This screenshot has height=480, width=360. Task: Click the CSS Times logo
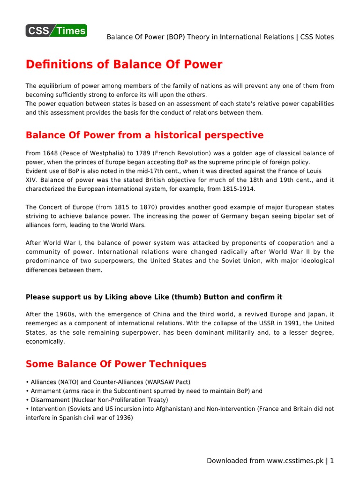pos(56,30)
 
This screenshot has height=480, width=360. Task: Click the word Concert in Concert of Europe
pos(52,207)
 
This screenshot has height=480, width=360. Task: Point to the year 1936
pos(124,418)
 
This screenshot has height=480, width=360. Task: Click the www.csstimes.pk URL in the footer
pos(295,461)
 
